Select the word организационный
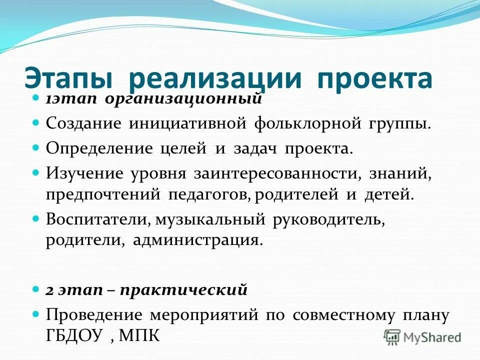184,98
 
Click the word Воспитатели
98,219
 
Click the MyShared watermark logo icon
393,336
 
